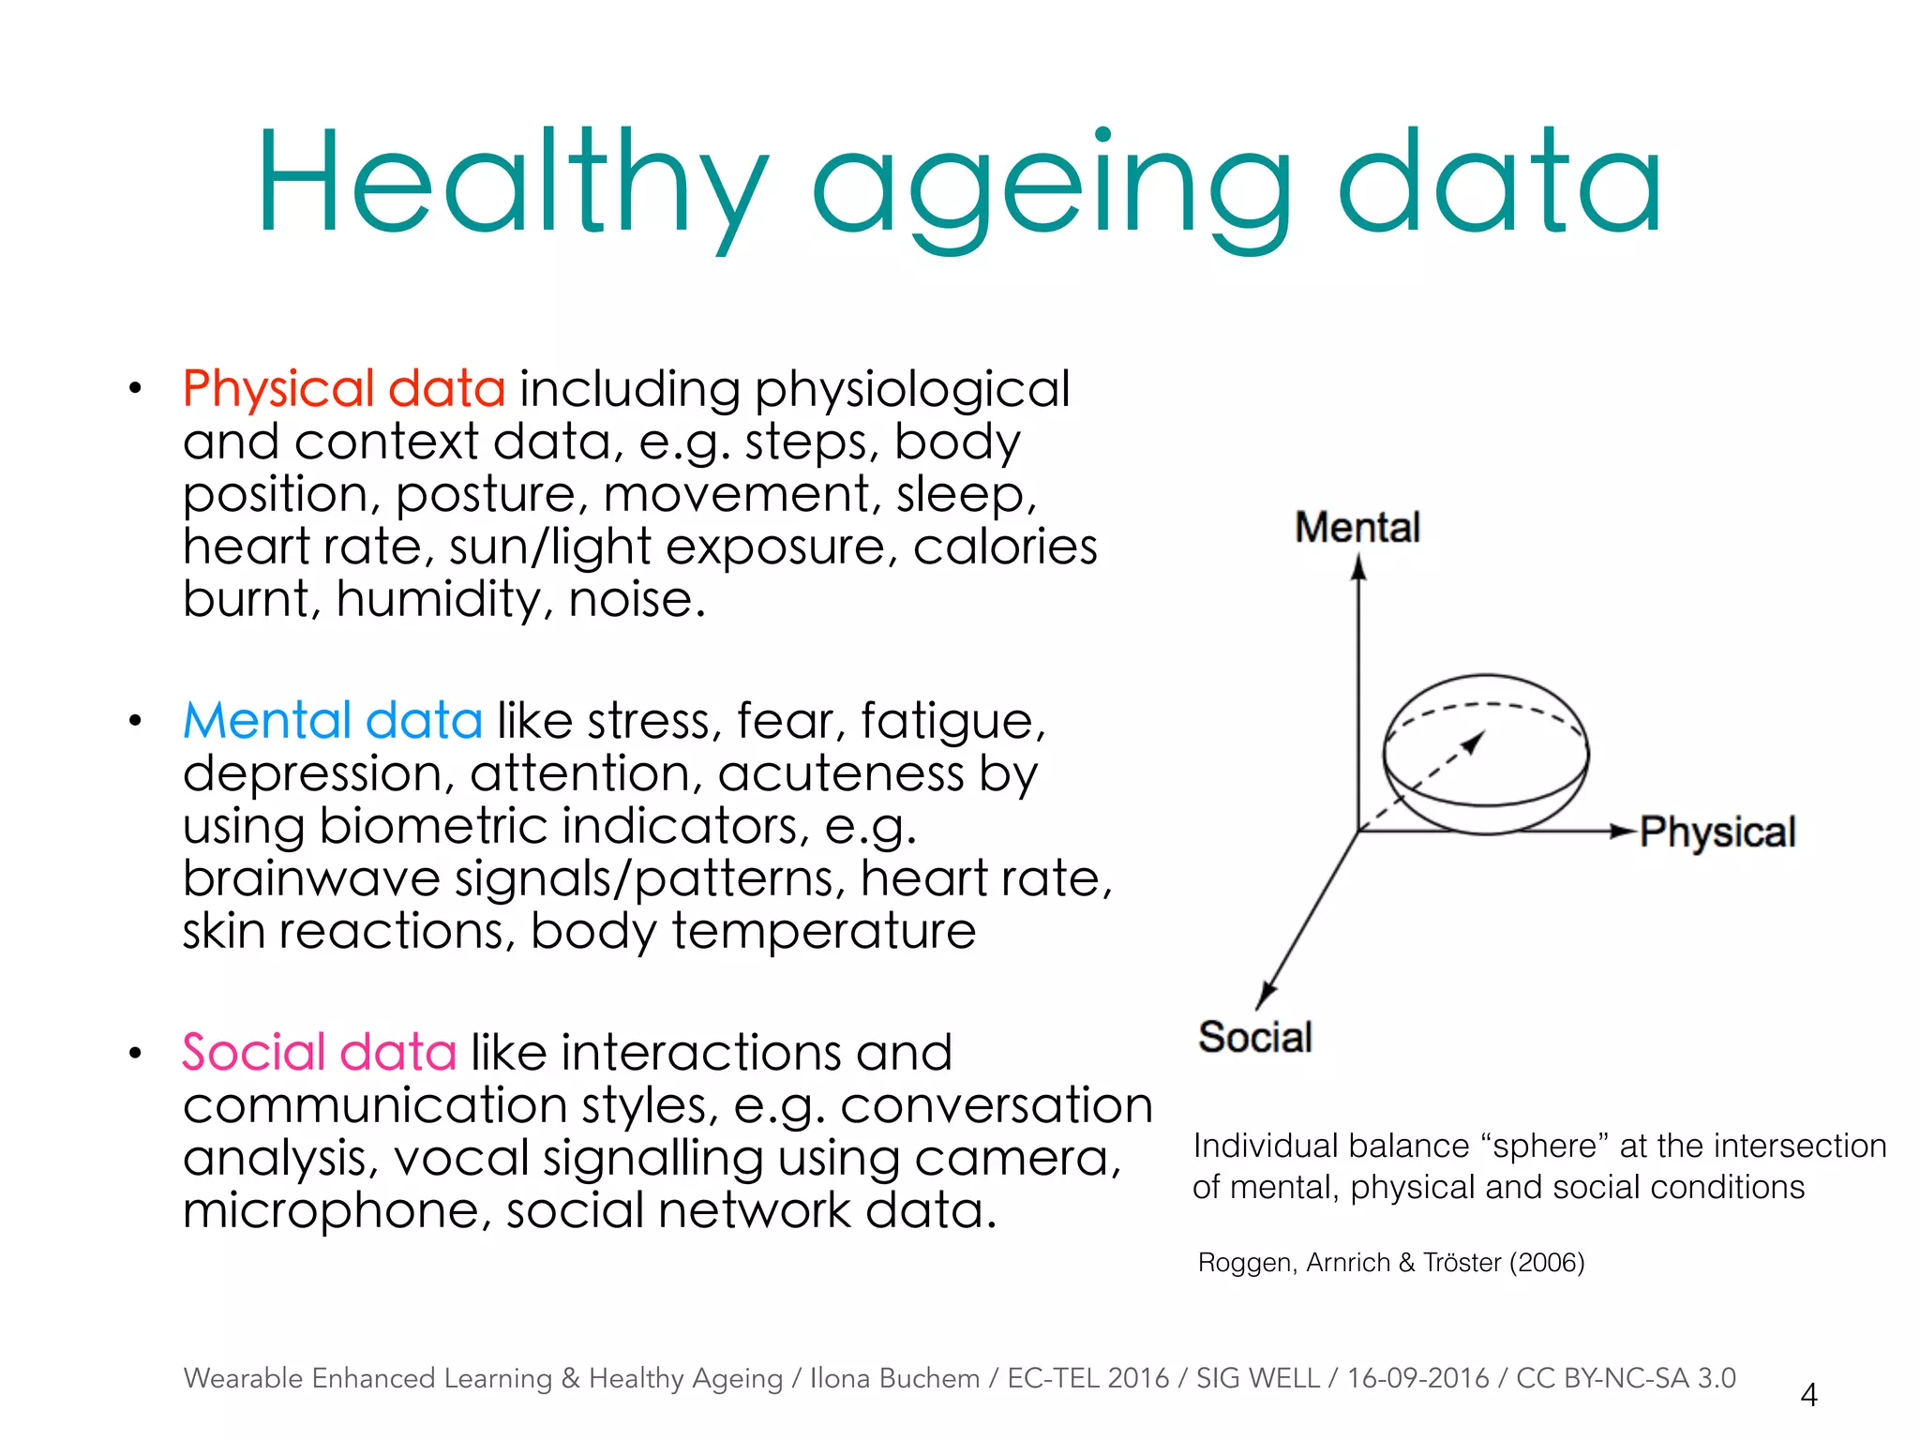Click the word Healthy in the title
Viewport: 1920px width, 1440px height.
pyautogui.click(x=511, y=183)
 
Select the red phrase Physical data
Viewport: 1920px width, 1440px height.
pyautogui.click(x=344, y=389)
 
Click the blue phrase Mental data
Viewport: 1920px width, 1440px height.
pyautogui.click(x=333, y=721)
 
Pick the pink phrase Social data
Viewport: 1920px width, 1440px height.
pyautogui.click(x=320, y=1053)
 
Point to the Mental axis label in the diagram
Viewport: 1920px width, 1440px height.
pyautogui.click(x=1357, y=527)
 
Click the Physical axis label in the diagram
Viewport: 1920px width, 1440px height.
pyautogui.click(x=1717, y=832)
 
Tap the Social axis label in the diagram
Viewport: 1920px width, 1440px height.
pyautogui.click(x=1255, y=1038)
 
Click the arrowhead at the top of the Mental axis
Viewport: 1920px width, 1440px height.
pyautogui.click(x=1358, y=567)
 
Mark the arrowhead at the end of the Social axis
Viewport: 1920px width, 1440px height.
pyautogui.click(x=1266, y=996)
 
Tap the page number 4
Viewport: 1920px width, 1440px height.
pyautogui.click(x=1808, y=1395)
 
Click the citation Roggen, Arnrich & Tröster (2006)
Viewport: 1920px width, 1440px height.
pyautogui.click(x=1391, y=1263)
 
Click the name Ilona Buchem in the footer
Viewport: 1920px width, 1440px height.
pyautogui.click(x=894, y=1378)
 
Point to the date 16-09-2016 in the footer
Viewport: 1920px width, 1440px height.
pyautogui.click(x=1417, y=1378)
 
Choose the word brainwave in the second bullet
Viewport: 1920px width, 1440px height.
pyautogui.click(x=311, y=879)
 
